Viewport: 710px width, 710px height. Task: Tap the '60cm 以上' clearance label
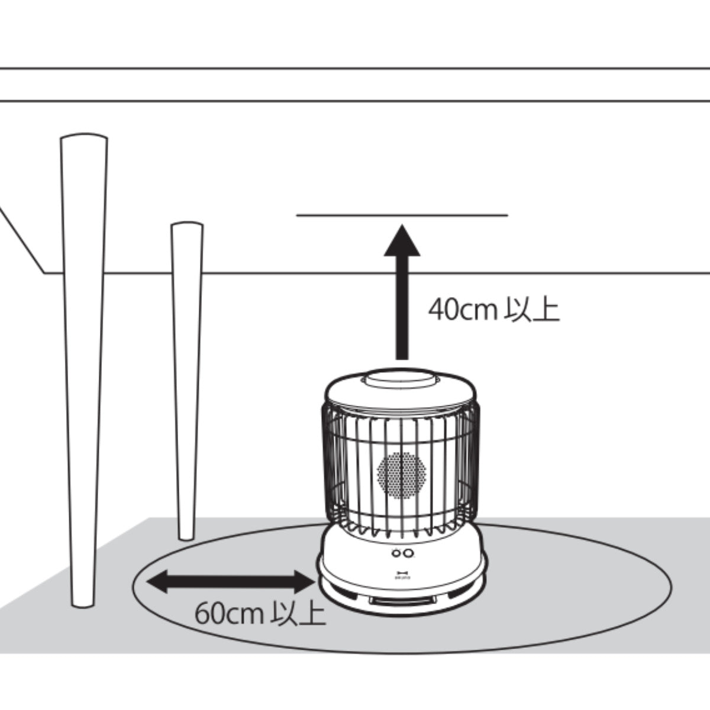point(260,614)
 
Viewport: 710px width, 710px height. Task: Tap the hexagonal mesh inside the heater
point(402,475)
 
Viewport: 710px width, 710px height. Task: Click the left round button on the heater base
point(395,553)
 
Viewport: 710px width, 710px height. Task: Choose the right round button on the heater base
point(408,553)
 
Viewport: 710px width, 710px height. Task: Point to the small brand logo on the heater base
point(402,573)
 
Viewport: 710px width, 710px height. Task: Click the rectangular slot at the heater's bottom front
point(402,601)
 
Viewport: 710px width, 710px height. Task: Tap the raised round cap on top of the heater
point(401,379)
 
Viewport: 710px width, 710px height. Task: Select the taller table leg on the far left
point(83,367)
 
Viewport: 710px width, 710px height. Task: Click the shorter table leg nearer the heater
point(187,379)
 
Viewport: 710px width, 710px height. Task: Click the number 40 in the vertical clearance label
point(441,310)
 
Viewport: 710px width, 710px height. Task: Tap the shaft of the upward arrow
point(402,308)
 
